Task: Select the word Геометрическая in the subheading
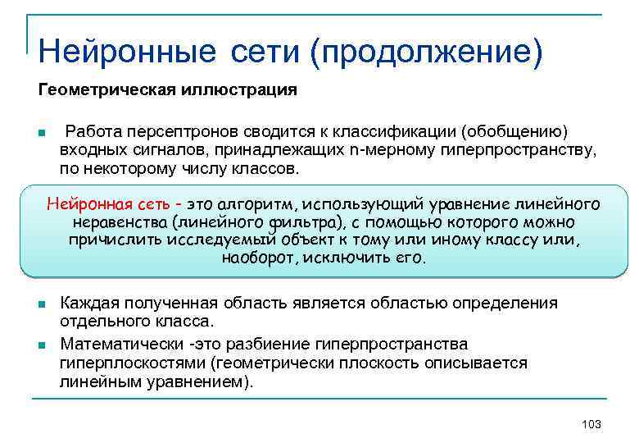coord(102,89)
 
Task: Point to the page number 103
coord(590,424)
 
